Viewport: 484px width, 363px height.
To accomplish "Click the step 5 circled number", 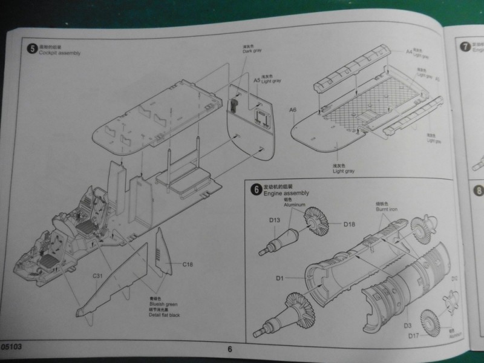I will point(32,48).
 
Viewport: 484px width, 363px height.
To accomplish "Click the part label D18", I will point(349,224).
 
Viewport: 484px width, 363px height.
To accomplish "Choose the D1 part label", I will point(280,278).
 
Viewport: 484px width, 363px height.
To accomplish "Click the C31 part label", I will point(99,276).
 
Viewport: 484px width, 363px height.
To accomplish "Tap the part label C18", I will point(186,264).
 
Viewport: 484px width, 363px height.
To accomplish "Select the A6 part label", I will point(293,110).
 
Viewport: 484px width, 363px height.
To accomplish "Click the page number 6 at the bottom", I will point(230,348).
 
